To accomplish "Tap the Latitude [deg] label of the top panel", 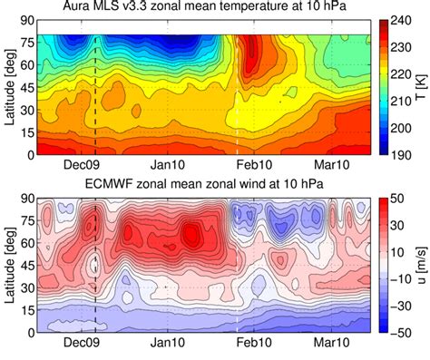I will pyautogui.click(x=11, y=88).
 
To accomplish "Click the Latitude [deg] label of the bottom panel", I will pyautogui.click(x=11, y=266).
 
